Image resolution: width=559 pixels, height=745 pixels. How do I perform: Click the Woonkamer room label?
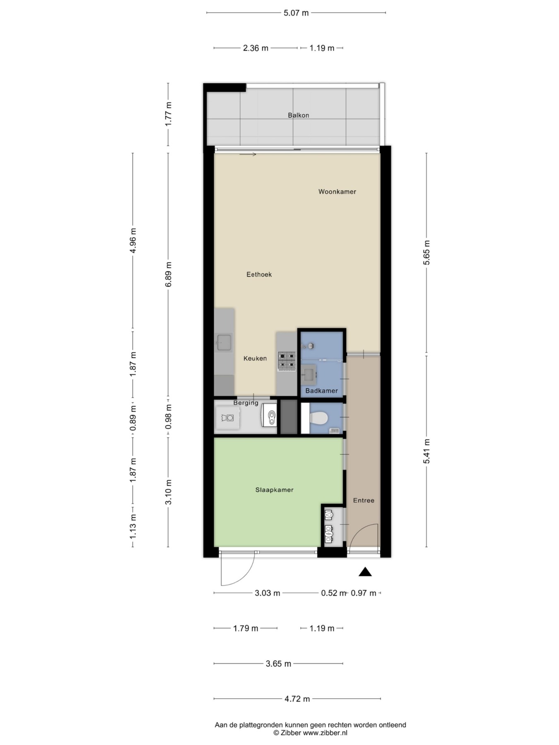click(337, 192)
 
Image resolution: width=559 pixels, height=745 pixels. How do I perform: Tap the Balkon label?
click(299, 115)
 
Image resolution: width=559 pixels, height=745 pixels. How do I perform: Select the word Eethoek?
click(259, 274)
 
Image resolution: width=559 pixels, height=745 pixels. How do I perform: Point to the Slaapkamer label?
click(274, 490)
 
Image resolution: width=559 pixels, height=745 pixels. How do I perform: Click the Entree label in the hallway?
click(364, 500)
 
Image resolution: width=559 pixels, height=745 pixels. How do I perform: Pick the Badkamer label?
click(322, 391)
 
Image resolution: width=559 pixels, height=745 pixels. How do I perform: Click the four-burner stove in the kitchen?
click(287, 360)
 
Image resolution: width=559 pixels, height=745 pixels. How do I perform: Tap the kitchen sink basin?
click(224, 343)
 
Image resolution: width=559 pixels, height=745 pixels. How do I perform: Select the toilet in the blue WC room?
click(319, 418)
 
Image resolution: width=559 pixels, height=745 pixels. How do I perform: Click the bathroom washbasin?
click(309, 375)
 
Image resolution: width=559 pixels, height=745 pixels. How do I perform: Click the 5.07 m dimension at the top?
click(296, 13)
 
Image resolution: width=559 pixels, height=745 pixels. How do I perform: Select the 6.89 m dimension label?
click(168, 274)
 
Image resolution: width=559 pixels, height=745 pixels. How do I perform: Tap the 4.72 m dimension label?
click(297, 699)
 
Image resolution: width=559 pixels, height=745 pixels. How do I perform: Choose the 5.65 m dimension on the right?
click(427, 252)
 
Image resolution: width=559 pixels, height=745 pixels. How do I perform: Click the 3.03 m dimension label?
click(267, 593)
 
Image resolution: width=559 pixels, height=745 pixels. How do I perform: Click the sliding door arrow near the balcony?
click(248, 155)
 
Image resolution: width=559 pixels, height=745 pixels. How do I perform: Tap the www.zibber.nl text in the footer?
click(325, 733)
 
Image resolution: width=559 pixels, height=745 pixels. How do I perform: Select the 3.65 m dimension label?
click(278, 664)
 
